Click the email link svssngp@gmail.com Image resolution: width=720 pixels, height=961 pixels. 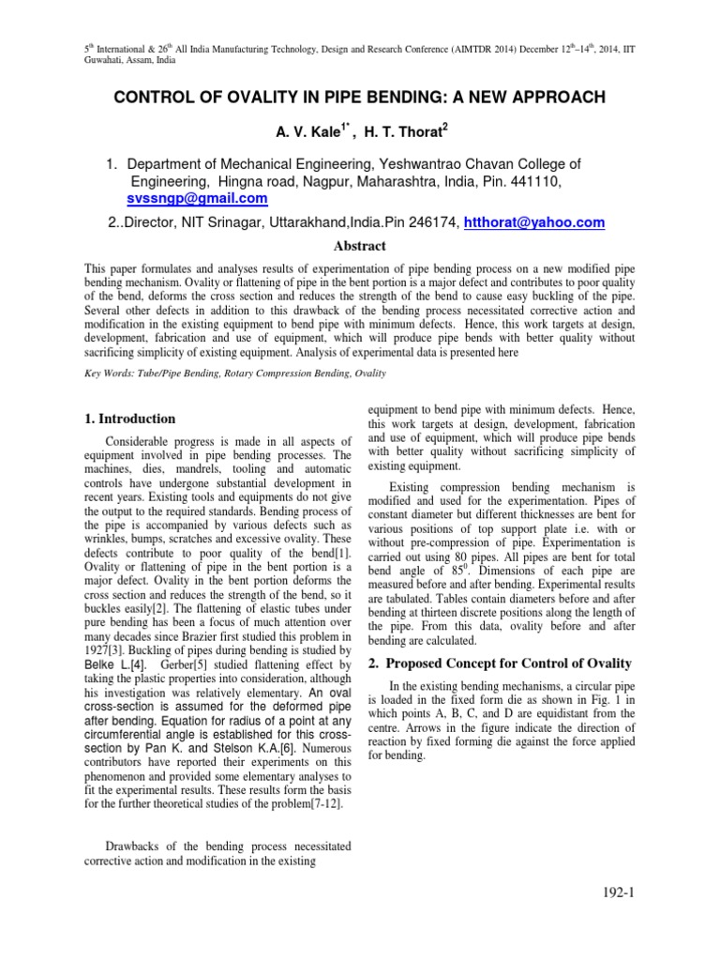[197, 199]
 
